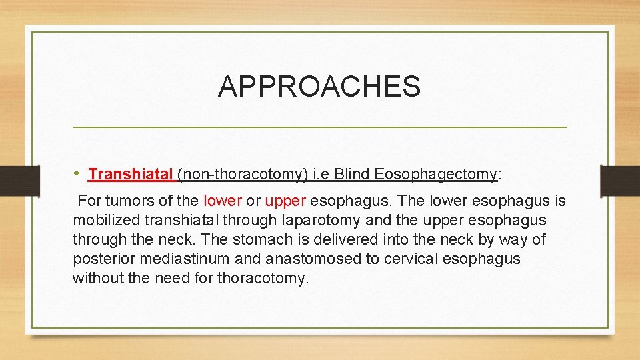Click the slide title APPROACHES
pyautogui.click(x=319, y=87)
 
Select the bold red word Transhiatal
pyautogui.click(x=130, y=175)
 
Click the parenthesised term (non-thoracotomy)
pyautogui.click(x=243, y=175)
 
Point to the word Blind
pyautogui.click(x=353, y=175)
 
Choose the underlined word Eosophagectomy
pyautogui.click(x=436, y=175)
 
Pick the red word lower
pyautogui.click(x=222, y=201)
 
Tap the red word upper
pyautogui.click(x=285, y=201)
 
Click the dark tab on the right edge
pyautogui.click(x=620, y=181)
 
